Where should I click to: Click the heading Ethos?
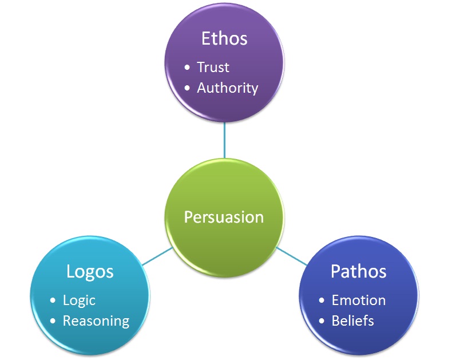(224, 38)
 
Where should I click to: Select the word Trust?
(213, 67)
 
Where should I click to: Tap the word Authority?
(227, 88)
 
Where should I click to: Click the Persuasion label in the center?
(224, 217)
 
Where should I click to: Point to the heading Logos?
(89, 271)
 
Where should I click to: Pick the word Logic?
(79, 300)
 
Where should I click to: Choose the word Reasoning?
(96, 321)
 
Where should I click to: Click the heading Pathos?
(358, 271)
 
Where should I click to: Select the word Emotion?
(358, 300)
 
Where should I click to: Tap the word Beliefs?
(352, 321)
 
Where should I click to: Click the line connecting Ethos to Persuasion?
(224, 140)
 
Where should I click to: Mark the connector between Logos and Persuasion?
(156, 256)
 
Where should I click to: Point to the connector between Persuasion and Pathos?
(292, 256)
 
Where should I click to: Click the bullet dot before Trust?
(188, 68)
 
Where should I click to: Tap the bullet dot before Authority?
(188, 89)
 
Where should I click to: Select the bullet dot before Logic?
(53, 301)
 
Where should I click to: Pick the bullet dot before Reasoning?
(53, 322)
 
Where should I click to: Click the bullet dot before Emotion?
(322, 301)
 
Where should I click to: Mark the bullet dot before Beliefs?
(322, 322)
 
